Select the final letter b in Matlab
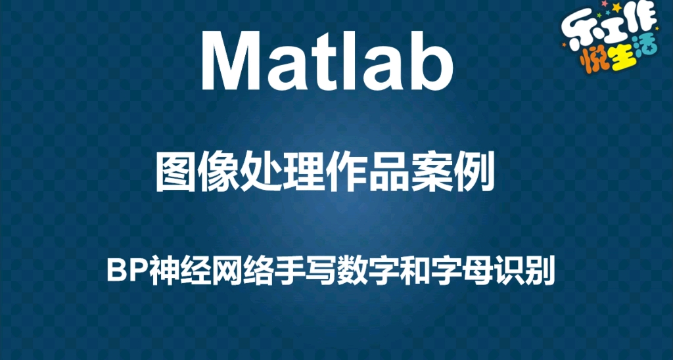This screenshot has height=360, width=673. pyautogui.click(x=431, y=60)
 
